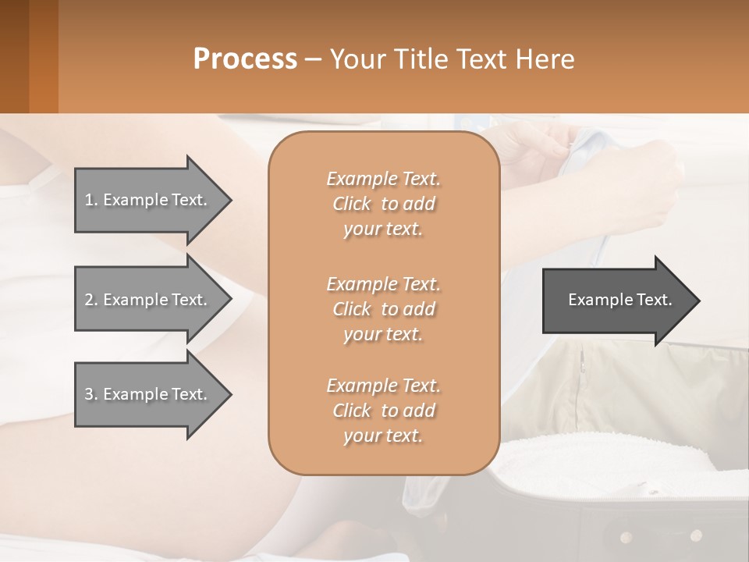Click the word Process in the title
point(245,59)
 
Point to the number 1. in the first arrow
point(91,200)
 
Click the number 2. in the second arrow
point(91,300)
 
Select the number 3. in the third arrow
point(91,394)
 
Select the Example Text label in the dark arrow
point(619,300)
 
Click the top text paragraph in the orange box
point(383,204)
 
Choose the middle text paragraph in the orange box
point(383,308)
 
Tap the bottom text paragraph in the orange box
point(383,411)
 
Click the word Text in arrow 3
point(189,394)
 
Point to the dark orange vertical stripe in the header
point(43,56)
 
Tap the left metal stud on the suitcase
point(626,537)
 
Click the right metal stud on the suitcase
point(696,535)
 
